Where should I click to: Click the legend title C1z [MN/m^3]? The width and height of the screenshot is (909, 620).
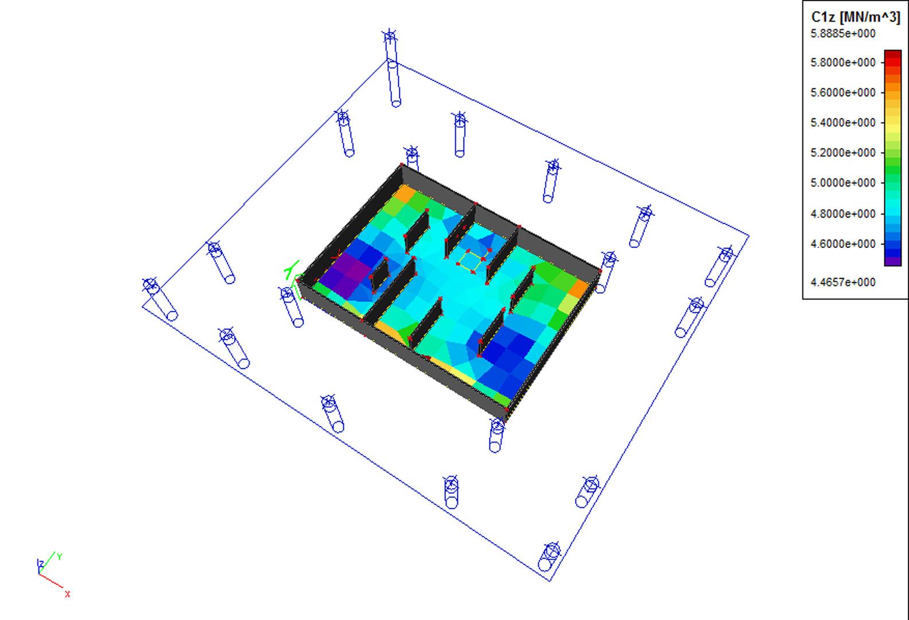tap(856, 17)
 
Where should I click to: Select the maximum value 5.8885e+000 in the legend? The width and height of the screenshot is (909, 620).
tap(843, 34)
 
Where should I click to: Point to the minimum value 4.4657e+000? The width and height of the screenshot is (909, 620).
tap(843, 282)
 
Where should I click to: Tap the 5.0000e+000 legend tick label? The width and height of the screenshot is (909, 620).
tap(843, 183)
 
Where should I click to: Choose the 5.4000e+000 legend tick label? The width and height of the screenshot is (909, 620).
tap(843, 123)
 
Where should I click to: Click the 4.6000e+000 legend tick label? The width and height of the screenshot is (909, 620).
tap(843, 244)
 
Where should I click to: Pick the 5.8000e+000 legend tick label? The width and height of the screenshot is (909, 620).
tap(843, 63)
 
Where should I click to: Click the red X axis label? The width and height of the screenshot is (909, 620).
tap(67, 594)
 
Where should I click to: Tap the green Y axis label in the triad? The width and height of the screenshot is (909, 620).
tap(59, 557)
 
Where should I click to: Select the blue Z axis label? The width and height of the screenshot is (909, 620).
tap(41, 564)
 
